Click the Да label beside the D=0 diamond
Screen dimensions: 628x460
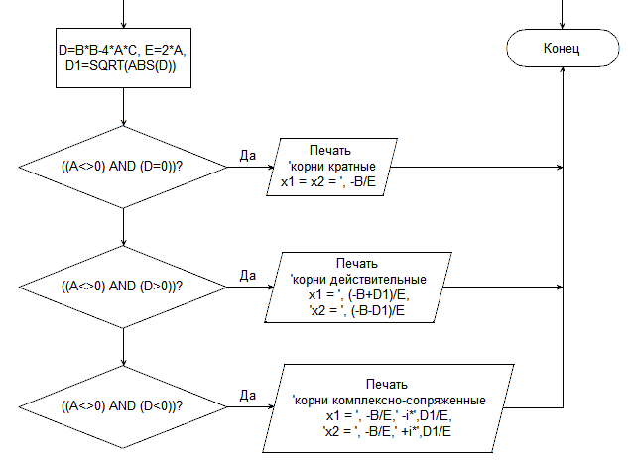coord(248,156)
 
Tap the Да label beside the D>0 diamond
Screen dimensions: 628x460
coord(248,275)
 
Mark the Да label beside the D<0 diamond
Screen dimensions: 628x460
coord(248,396)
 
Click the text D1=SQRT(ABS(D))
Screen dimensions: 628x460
coord(121,66)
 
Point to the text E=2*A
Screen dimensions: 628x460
coord(165,50)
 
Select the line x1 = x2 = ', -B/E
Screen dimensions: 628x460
coord(328,182)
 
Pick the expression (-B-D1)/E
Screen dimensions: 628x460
coord(378,310)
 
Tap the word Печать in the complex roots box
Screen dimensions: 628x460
coord(387,385)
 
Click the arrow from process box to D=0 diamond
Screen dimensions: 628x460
coord(123,107)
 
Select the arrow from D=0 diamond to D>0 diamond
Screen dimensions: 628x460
coord(123,227)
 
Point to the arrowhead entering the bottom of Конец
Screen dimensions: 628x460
coord(563,69)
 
